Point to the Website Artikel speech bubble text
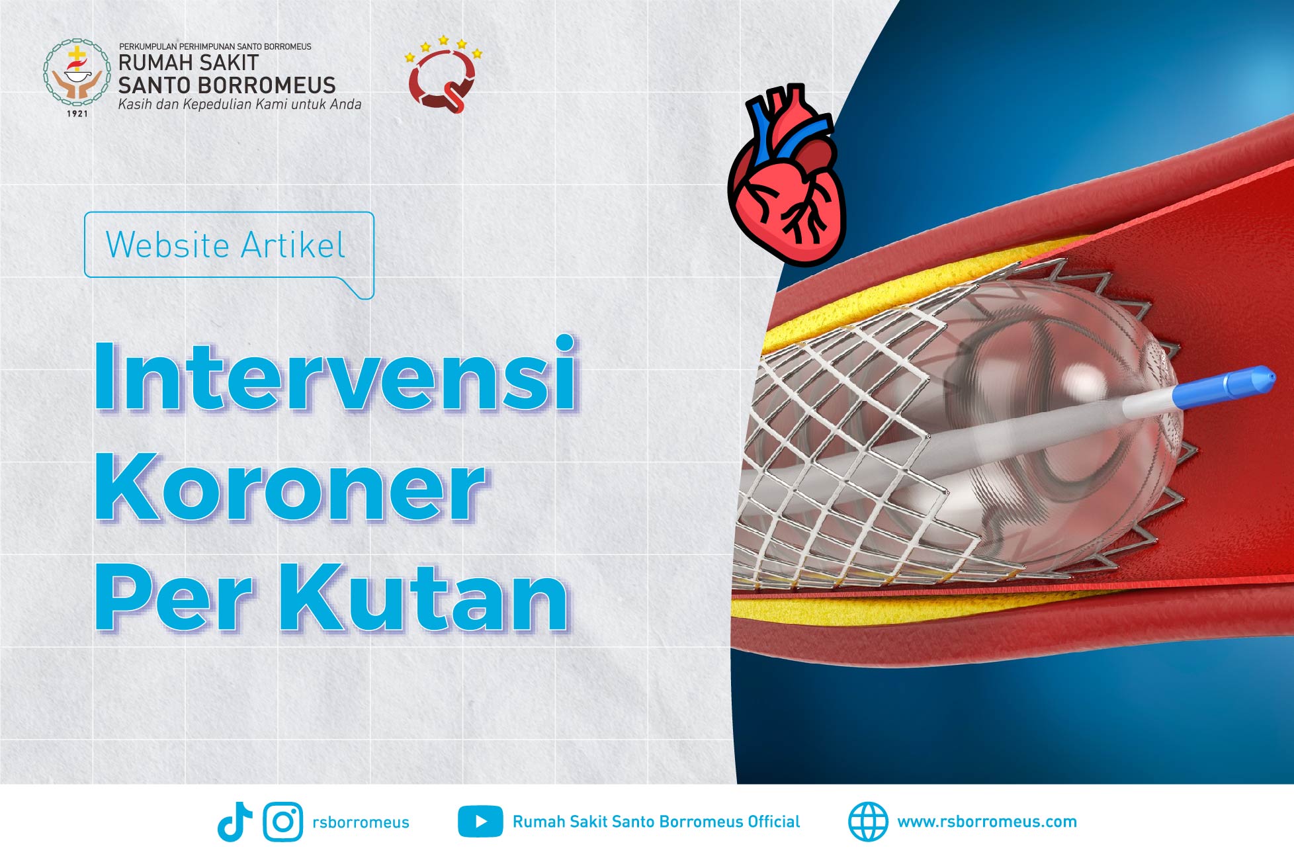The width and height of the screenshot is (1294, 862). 226,245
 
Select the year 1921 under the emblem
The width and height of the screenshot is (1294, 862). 77,114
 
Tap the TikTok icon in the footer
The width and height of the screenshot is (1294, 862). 235,822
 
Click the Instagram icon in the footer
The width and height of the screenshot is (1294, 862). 283,822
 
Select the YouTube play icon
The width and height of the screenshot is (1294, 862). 480,822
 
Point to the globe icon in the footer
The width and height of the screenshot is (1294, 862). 868,822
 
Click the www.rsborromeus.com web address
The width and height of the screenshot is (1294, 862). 987,822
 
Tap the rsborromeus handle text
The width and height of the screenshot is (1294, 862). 361,822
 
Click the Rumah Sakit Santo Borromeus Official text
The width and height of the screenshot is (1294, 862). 656,822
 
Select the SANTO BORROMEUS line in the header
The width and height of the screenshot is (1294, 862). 227,85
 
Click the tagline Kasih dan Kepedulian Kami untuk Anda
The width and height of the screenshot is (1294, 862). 239,105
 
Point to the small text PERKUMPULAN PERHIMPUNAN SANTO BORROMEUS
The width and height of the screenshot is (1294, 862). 215,47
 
